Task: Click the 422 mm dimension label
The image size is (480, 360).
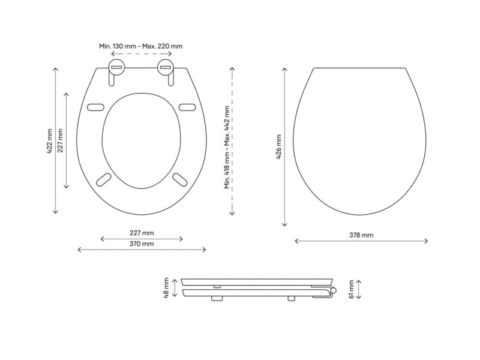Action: pos(50,141)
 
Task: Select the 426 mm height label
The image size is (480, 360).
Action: pos(278,147)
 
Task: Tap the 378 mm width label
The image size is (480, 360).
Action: pos(361,235)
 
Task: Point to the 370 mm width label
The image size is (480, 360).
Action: pos(142,244)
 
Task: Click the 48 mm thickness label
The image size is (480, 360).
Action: pos(166,288)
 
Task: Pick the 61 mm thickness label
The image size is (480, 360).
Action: pos(351,289)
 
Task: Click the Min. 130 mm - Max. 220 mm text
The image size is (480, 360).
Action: pos(141,46)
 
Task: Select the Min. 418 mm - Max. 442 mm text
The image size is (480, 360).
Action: pos(227,147)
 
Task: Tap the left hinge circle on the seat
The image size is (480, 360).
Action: pos(116,67)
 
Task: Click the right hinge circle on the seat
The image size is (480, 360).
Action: pos(166,67)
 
